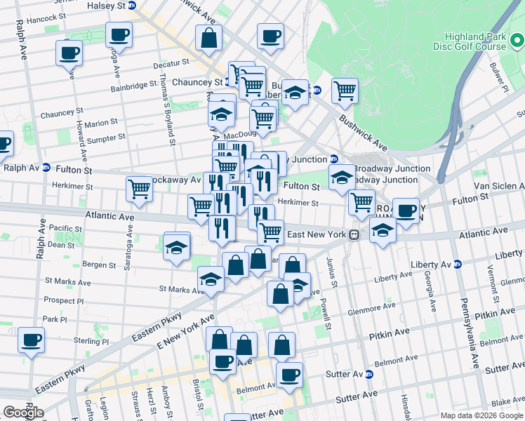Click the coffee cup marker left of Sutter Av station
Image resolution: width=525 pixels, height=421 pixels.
tap(289, 375)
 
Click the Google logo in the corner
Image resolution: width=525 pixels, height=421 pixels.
tap(23, 413)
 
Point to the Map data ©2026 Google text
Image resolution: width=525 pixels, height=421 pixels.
tap(481, 415)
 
